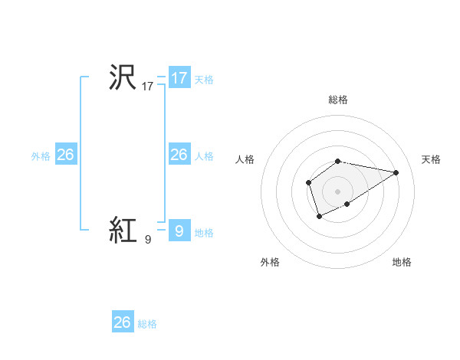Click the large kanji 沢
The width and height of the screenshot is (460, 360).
tap(123, 78)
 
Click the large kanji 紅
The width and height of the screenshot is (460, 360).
tap(123, 230)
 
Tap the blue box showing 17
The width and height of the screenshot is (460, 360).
tap(179, 78)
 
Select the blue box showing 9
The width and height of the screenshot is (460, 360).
tap(179, 231)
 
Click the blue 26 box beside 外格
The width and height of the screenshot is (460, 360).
tap(66, 155)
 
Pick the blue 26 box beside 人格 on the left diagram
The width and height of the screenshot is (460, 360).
tap(179, 155)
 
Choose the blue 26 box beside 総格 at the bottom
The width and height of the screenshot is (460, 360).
tap(123, 322)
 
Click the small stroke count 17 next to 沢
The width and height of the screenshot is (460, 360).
tap(148, 87)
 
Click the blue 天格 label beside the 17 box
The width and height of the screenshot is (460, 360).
tap(204, 79)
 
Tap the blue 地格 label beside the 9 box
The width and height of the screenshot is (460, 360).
tap(204, 233)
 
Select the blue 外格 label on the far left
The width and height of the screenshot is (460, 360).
tap(41, 156)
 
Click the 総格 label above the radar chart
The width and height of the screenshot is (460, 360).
tap(338, 100)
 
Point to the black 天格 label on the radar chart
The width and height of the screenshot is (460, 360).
tap(432, 159)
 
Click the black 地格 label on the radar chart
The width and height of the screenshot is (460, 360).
tap(402, 263)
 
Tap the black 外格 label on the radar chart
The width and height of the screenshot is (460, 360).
tap(270, 263)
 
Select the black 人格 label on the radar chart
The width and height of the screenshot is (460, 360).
tap(245, 159)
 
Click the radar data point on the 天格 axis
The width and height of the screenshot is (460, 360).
tap(396, 172)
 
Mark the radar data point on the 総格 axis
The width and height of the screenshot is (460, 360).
tap(338, 161)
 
